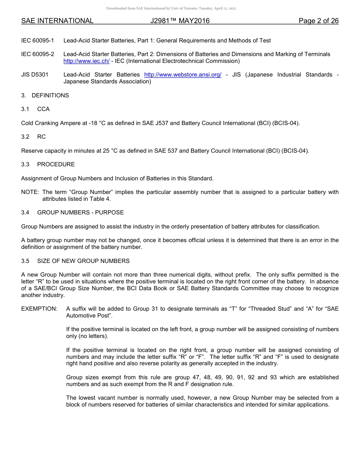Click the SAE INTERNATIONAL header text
(x=57, y=21)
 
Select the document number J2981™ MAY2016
(x=180, y=21)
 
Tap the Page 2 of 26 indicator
(x=318, y=21)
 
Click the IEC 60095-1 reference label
(x=38, y=41)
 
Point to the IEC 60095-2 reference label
(x=38, y=54)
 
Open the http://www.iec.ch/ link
(x=86, y=61)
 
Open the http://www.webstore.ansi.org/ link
(x=183, y=75)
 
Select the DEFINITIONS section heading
(x=50, y=95)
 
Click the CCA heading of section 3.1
(x=43, y=109)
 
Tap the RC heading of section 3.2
(x=41, y=137)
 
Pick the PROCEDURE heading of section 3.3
(x=56, y=164)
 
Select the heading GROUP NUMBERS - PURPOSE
(x=80, y=213)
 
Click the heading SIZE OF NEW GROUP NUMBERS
(x=83, y=261)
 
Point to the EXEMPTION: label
(x=39, y=309)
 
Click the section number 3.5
(x=25, y=261)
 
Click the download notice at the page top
(x=171, y=8)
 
